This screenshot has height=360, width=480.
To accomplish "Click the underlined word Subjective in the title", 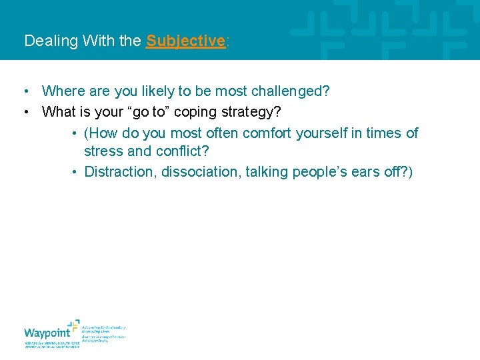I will [185, 41].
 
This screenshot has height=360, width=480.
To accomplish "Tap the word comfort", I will [267, 133].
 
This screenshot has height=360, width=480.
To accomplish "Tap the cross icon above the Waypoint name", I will [73, 325].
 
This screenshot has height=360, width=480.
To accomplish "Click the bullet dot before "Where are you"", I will [25, 91].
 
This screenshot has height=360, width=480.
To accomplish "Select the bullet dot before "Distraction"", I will [77, 172].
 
